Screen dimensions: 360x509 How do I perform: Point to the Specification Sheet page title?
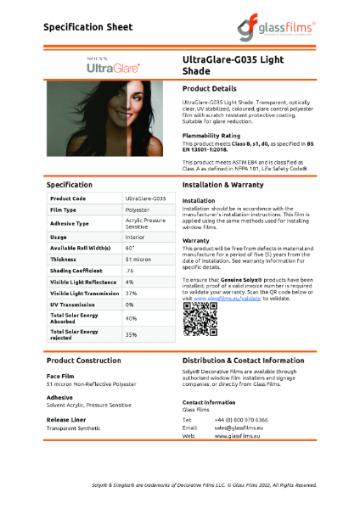point(88,27)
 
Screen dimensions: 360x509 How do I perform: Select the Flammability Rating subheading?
point(211,136)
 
